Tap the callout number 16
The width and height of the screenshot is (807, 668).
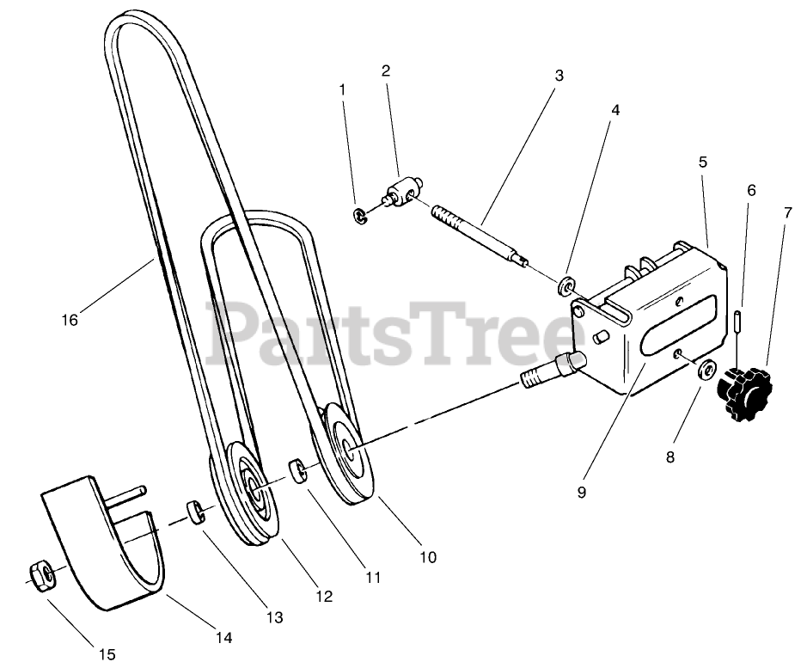click(x=70, y=320)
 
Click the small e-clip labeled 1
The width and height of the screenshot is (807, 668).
click(x=359, y=212)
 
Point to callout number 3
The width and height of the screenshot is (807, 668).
click(x=559, y=76)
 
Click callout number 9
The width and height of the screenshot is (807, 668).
click(x=581, y=493)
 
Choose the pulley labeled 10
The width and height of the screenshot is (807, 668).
click(x=350, y=449)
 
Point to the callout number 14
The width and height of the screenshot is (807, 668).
click(x=223, y=638)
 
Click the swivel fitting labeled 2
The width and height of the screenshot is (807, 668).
click(x=400, y=190)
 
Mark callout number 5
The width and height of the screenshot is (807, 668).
click(x=703, y=162)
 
